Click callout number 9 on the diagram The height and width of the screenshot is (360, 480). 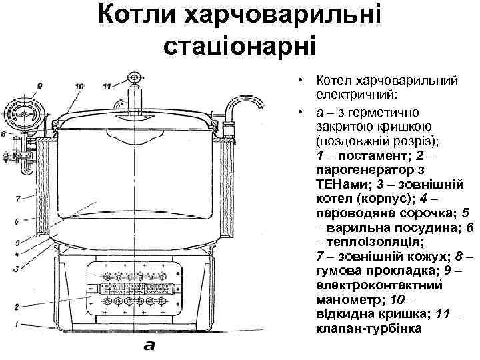40,86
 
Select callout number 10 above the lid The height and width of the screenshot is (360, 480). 79,86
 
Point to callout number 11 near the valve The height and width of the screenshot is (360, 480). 109,86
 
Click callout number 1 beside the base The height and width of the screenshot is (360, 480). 20,325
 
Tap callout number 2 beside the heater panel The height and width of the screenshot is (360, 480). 20,307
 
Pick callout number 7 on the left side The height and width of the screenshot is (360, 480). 20,197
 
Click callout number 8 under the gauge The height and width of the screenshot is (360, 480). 5,133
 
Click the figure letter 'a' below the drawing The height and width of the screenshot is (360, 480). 149,346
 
